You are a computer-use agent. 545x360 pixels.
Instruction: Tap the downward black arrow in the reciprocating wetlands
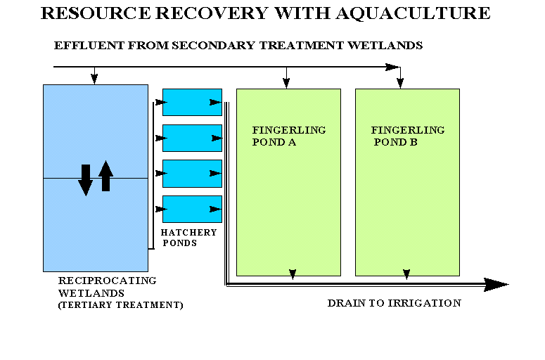click(x=85, y=179)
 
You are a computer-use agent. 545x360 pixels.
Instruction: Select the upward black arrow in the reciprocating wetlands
click(x=105, y=176)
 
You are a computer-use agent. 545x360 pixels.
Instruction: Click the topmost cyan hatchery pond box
click(x=191, y=102)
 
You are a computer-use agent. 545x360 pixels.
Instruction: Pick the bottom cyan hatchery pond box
click(x=191, y=209)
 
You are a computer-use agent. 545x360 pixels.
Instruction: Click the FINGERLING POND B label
click(x=408, y=136)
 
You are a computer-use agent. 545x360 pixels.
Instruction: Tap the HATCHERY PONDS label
click(x=188, y=238)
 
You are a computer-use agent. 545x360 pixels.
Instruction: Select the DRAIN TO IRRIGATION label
click(x=394, y=303)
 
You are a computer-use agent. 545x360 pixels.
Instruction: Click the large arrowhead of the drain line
click(x=496, y=284)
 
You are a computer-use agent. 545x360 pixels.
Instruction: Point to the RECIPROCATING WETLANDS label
click(x=107, y=286)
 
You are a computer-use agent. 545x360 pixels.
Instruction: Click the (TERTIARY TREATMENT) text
click(x=120, y=305)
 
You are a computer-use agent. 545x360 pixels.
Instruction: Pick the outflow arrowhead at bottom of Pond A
click(x=293, y=274)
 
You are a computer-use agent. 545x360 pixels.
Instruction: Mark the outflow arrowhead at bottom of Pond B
click(x=406, y=274)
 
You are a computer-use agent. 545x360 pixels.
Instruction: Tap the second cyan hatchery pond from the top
click(x=191, y=138)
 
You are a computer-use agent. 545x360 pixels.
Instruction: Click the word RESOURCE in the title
click(x=92, y=13)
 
